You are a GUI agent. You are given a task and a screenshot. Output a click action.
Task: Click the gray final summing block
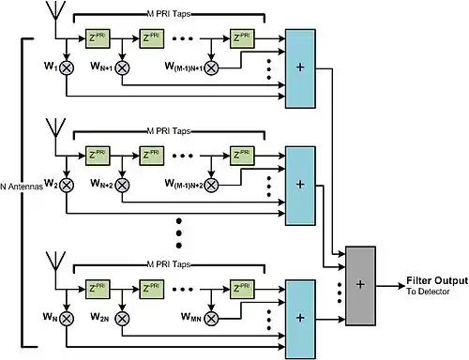pyautogui.click(x=360, y=286)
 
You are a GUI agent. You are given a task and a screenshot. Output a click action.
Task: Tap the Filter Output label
pyautogui.click(x=437, y=280)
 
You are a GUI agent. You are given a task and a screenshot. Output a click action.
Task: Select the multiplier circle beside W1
pyautogui.click(x=67, y=67)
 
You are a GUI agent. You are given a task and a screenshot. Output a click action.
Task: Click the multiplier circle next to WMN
pyautogui.click(x=211, y=319)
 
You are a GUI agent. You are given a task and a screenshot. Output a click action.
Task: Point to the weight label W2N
pyautogui.click(x=99, y=317)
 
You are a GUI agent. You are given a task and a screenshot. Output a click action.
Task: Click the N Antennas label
pyautogui.click(x=22, y=187)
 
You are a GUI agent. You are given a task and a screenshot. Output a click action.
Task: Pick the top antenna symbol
pyautogui.click(x=55, y=11)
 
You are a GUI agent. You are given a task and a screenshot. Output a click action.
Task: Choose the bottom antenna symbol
pyautogui.click(x=55, y=261)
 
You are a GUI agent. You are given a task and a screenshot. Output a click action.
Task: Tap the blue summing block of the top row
pyautogui.click(x=300, y=68)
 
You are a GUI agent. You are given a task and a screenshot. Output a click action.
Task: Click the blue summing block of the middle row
pyautogui.click(x=300, y=186)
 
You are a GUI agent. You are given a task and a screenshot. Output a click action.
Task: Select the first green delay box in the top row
pyautogui.click(x=98, y=38)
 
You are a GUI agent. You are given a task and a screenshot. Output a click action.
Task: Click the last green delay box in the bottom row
pyautogui.click(x=242, y=290)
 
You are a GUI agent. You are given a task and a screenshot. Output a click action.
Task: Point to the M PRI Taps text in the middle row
pyautogui.click(x=169, y=131)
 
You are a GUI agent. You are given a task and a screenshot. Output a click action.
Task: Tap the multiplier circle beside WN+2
pyautogui.click(x=122, y=185)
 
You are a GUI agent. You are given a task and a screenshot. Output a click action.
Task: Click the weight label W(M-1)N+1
pyautogui.click(x=185, y=67)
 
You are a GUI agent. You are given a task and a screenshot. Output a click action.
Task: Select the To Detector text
pyautogui.click(x=428, y=292)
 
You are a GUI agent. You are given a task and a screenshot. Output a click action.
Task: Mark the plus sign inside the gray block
pyautogui.click(x=360, y=284)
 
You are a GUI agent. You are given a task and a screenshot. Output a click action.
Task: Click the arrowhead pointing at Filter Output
pyautogui.click(x=401, y=286)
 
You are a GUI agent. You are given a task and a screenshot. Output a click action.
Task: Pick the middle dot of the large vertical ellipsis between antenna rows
pyautogui.click(x=179, y=233)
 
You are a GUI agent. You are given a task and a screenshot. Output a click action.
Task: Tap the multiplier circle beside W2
pyautogui.click(x=67, y=185)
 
